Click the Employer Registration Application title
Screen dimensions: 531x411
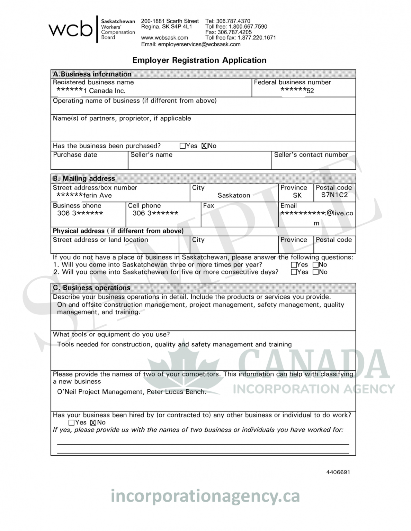point(199,60)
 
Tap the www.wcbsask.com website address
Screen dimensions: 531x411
point(164,38)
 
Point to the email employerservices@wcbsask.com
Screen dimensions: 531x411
point(190,44)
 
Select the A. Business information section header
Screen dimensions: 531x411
point(92,74)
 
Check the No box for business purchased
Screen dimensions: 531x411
point(204,146)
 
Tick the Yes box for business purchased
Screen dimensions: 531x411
point(183,146)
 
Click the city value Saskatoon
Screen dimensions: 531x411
point(234,195)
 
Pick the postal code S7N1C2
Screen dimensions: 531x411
point(334,195)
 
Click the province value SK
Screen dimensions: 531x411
point(297,195)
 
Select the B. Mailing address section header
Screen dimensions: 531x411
point(84,178)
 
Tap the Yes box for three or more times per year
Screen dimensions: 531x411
point(294,265)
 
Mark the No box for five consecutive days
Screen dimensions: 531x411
point(315,272)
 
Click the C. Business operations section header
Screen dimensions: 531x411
point(91,288)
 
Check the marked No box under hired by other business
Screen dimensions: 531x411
point(93,422)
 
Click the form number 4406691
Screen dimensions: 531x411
point(338,472)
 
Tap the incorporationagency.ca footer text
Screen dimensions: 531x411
point(205,496)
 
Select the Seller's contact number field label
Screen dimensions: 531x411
point(311,155)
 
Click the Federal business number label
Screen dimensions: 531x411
point(292,82)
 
